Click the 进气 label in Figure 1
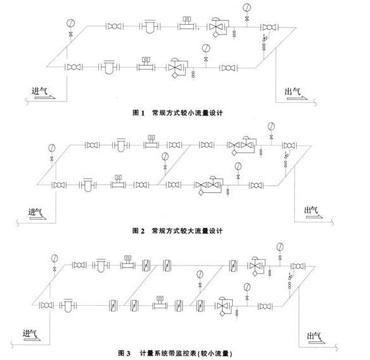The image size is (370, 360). (x=40, y=91)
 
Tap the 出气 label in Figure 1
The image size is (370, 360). (x=292, y=91)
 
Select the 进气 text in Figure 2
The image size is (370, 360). (x=35, y=212)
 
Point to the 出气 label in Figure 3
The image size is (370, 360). (x=314, y=336)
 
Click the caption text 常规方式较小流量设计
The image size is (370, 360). (x=188, y=113)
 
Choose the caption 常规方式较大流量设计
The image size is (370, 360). (x=187, y=230)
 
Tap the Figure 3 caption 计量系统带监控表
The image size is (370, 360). (x=168, y=353)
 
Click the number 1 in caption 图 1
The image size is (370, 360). (x=142, y=113)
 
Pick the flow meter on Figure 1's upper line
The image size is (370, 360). (x=187, y=23)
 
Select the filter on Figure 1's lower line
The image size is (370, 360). (x=109, y=67)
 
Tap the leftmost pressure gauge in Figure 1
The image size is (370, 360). (x=71, y=23)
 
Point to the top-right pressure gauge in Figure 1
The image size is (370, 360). (x=247, y=7)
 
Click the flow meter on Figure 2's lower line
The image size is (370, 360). (x=118, y=182)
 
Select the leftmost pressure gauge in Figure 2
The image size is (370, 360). (x=52, y=148)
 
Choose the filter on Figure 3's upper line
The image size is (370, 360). (x=101, y=265)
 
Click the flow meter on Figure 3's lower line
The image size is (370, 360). (x=160, y=303)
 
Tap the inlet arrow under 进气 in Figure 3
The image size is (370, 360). (x=32, y=339)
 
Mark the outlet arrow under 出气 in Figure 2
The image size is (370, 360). (x=314, y=216)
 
